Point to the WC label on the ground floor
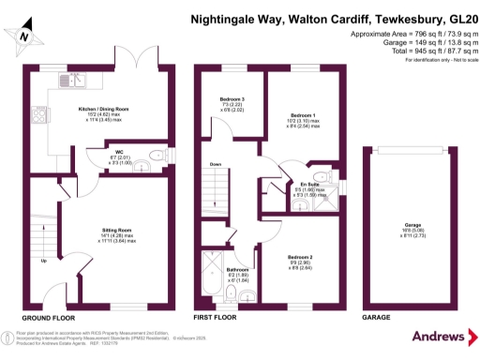[x=119, y=151]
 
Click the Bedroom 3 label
[x=232, y=98]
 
